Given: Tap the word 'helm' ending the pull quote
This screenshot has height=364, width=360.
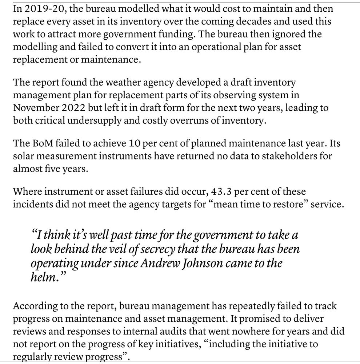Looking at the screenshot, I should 41,276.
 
